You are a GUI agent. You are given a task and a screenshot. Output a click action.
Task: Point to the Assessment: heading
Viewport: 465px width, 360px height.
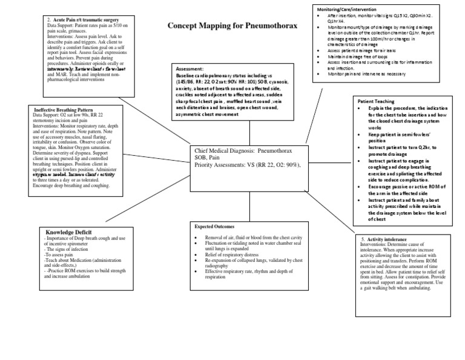(x=190, y=69)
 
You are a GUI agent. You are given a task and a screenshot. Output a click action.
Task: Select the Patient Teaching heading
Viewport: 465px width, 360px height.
(x=376, y=101)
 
